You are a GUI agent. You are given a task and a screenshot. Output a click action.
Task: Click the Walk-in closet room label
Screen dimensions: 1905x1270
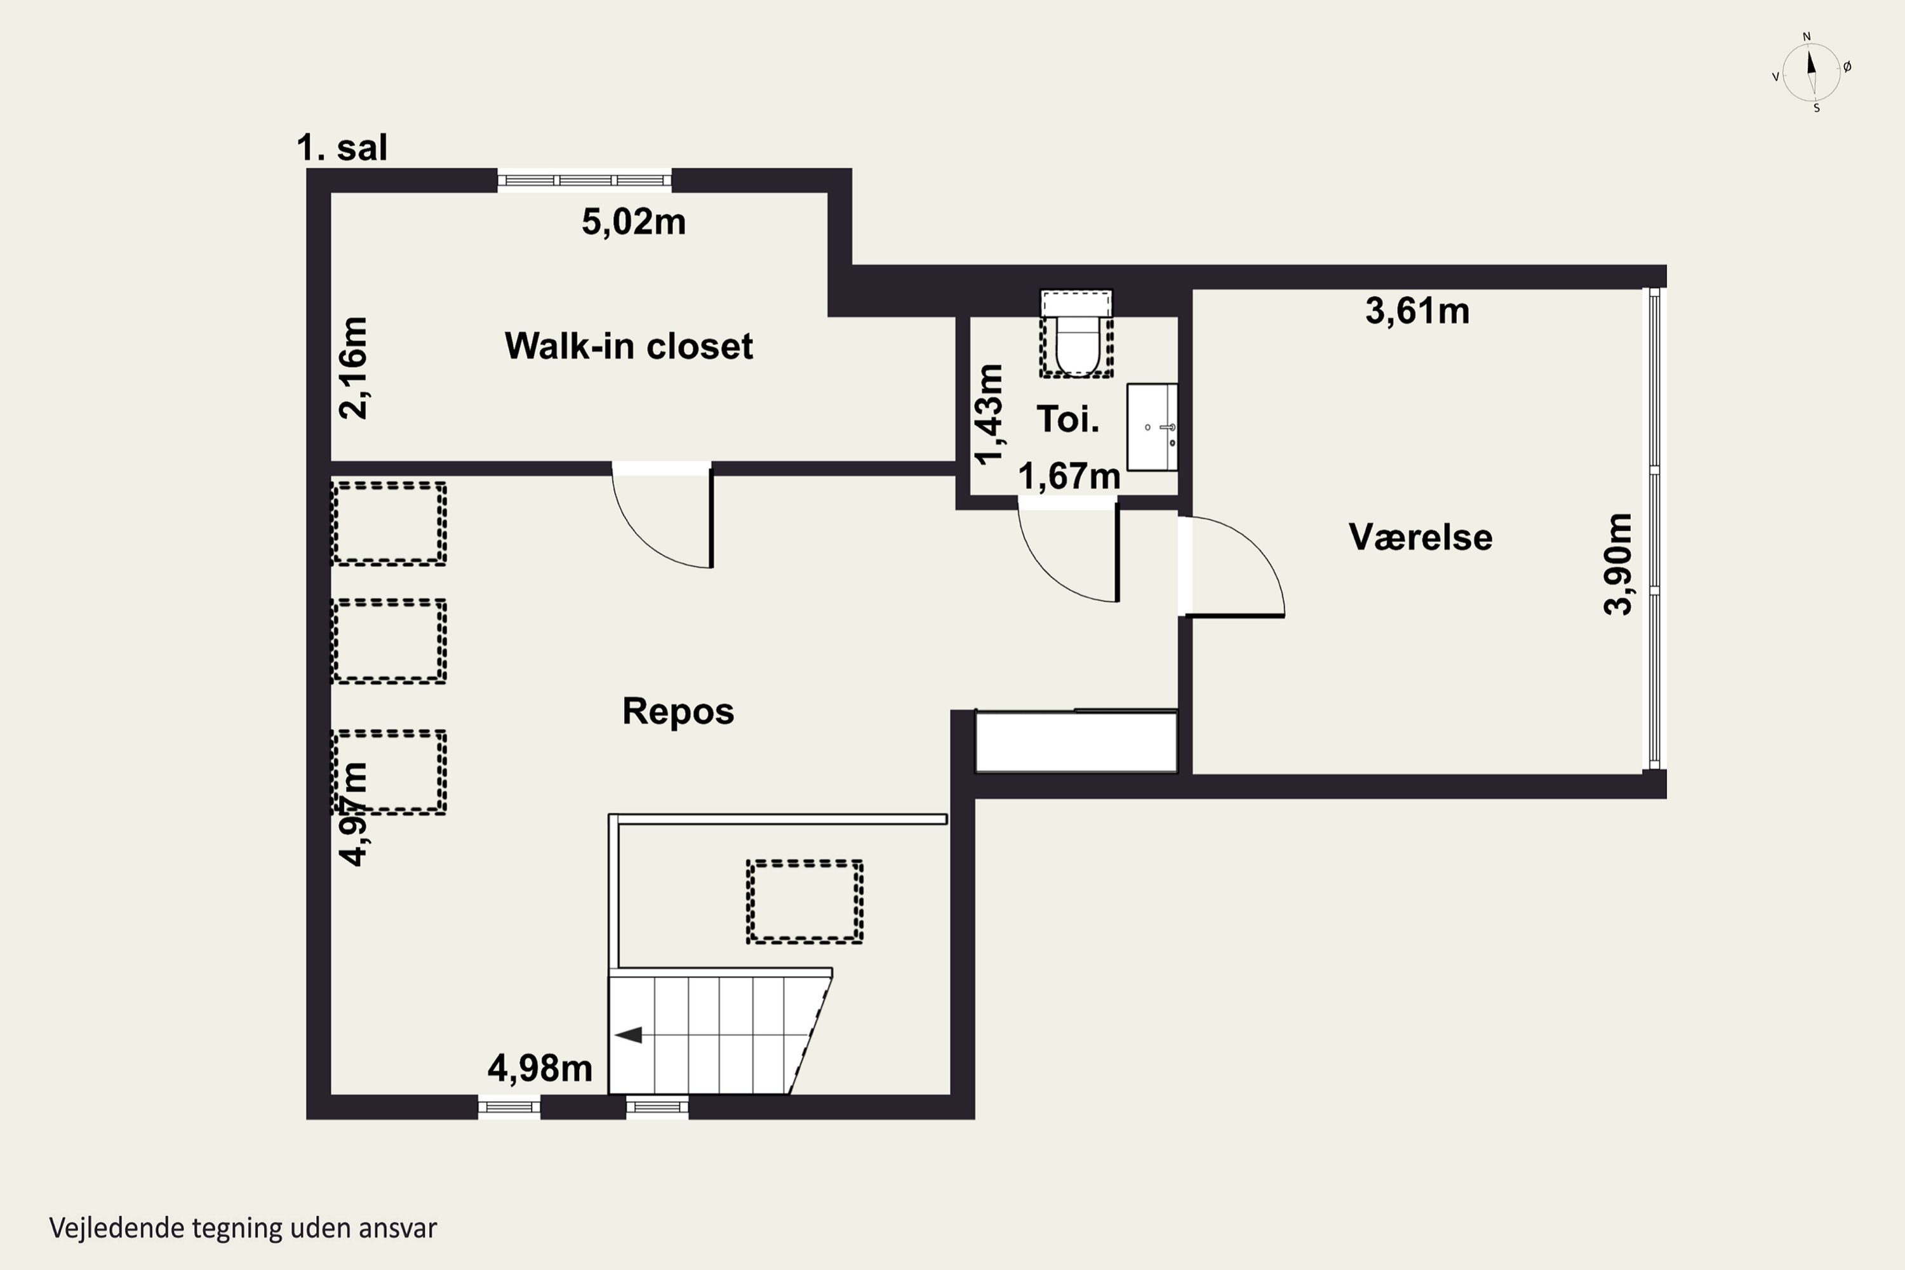[629, 346]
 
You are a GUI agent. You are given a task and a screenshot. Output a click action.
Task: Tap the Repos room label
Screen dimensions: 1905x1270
[678, 711]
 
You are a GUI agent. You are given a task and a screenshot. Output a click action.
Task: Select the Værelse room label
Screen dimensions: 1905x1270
[1420, 537]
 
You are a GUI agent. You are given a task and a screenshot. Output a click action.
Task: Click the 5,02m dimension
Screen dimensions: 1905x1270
[633, 221]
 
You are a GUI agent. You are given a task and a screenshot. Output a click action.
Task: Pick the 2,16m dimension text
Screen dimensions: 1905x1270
[353, 368]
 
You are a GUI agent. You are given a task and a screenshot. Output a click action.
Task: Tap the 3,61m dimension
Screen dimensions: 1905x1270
[1417, 311]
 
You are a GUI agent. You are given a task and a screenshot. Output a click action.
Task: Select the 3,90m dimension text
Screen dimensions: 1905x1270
[1618, 565]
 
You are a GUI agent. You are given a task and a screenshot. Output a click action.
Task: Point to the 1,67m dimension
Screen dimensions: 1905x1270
[1069, 476]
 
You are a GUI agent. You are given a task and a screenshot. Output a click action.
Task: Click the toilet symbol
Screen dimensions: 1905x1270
[1076, 334]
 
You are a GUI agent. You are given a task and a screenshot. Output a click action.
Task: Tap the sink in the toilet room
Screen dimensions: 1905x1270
[1152, 427]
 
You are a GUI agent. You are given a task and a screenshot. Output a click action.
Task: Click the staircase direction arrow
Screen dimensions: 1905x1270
[629, 1034]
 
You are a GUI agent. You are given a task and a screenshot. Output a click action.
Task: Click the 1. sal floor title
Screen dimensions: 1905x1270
[342, 147]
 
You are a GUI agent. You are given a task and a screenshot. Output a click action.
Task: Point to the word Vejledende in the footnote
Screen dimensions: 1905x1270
[117, 1228]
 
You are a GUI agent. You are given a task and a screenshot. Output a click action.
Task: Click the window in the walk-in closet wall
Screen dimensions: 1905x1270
[584, 180]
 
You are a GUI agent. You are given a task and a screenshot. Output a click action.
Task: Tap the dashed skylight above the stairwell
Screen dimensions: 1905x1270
[805, 902]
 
